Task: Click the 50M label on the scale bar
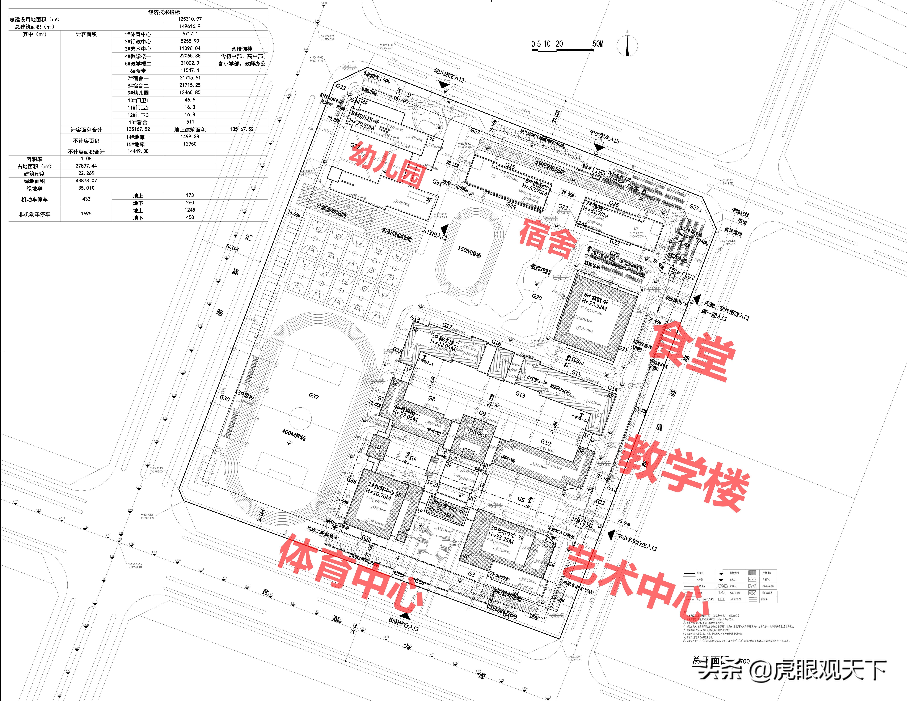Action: pos(598,44)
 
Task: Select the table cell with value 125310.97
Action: pos(190,19)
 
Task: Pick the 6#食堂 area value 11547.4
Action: pos(190,71)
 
